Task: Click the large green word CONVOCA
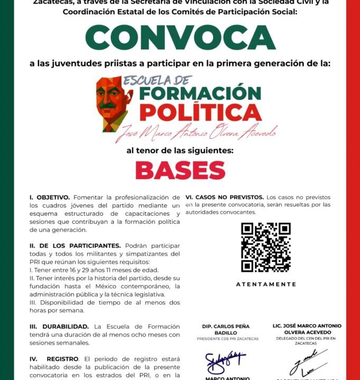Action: [x=180, y=37]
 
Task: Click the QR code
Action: [x=266, y=247]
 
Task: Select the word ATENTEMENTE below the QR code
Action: [x=266, y=284]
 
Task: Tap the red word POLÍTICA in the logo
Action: [x=193, y=112]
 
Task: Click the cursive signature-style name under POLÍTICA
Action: [x=191, y=132]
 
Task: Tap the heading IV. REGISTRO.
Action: [x=53, y=359]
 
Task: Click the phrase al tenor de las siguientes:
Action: [x=180, y=150]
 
